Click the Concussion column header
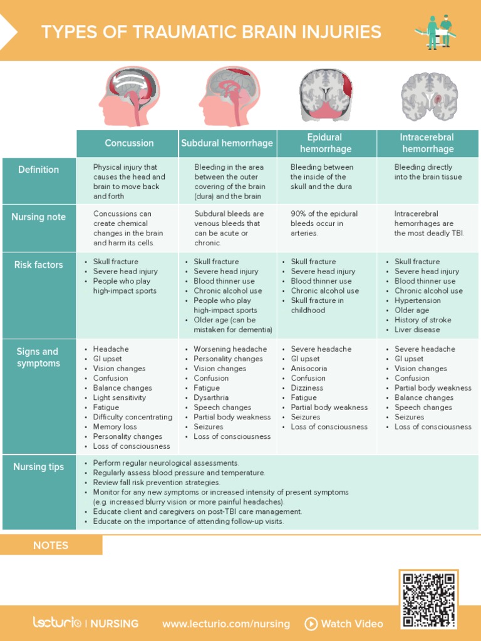[129, 143]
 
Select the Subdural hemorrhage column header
[227, 143]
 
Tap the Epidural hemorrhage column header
[325, 143]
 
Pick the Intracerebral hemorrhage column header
[428, 143]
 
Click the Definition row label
[39, 170]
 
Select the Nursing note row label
[39, 217]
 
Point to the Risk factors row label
[39, 265]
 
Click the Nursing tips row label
[39, 467]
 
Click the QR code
[429, 599]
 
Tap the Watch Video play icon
[311, 623]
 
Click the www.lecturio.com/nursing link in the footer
[226, 623]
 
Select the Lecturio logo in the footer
[57, 623]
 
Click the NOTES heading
[51, 545]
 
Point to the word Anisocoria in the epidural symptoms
[309, 369]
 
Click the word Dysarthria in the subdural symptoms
[211, 397]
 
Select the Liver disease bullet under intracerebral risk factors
[417, 330]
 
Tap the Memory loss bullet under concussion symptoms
[115, 427]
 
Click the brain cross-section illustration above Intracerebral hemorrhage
[429, 96]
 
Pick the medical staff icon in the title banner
[437, 31]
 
